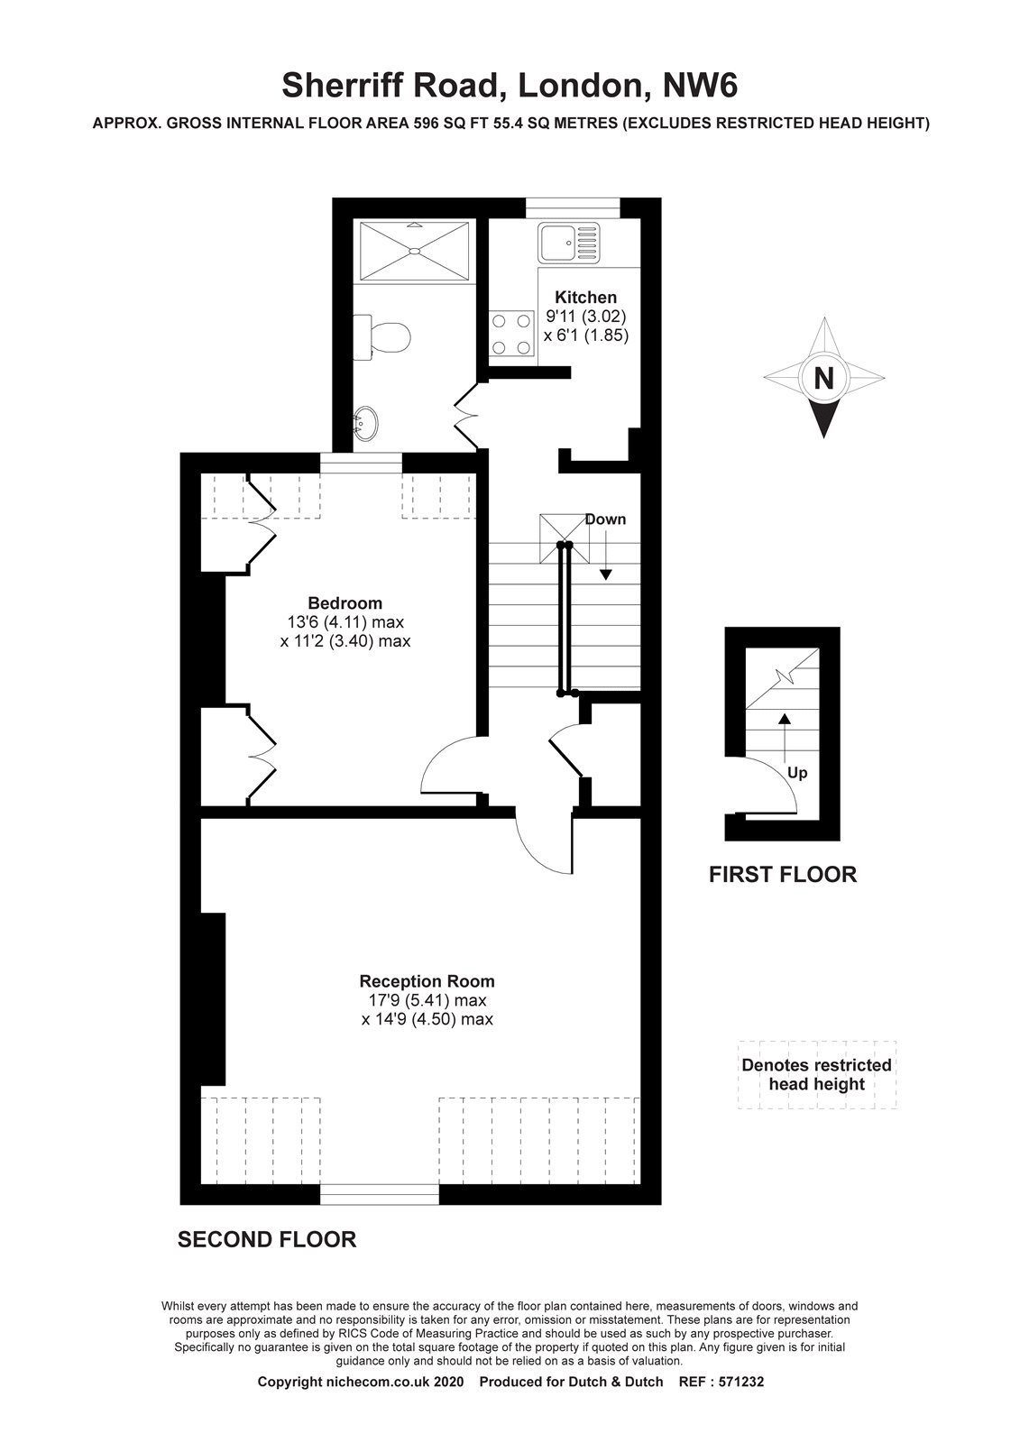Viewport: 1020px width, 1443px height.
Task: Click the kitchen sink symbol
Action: pos(569,243)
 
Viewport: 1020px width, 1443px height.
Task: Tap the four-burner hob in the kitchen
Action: pos(511,334)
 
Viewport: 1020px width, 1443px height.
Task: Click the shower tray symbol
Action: pos(414,251)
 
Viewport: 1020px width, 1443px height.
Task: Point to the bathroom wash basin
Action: pos(365,423)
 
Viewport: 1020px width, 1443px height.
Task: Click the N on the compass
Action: pos(823,378)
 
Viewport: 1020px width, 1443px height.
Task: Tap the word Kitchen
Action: pos(585,297)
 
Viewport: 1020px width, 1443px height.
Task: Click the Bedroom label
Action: pos(345,603)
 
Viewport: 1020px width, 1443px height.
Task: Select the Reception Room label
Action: pos(427,981)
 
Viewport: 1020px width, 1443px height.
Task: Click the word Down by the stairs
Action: pos(605,519)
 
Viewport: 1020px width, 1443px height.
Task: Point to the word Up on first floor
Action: pos(797,773)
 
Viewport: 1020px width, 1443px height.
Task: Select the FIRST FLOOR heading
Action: pos(783,874)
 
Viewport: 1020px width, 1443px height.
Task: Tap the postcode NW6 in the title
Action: pos(701,86)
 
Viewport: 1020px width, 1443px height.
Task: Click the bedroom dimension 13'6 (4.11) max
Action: pos(345,622)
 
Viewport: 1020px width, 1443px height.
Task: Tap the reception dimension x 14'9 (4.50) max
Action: pos(427,1019)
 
